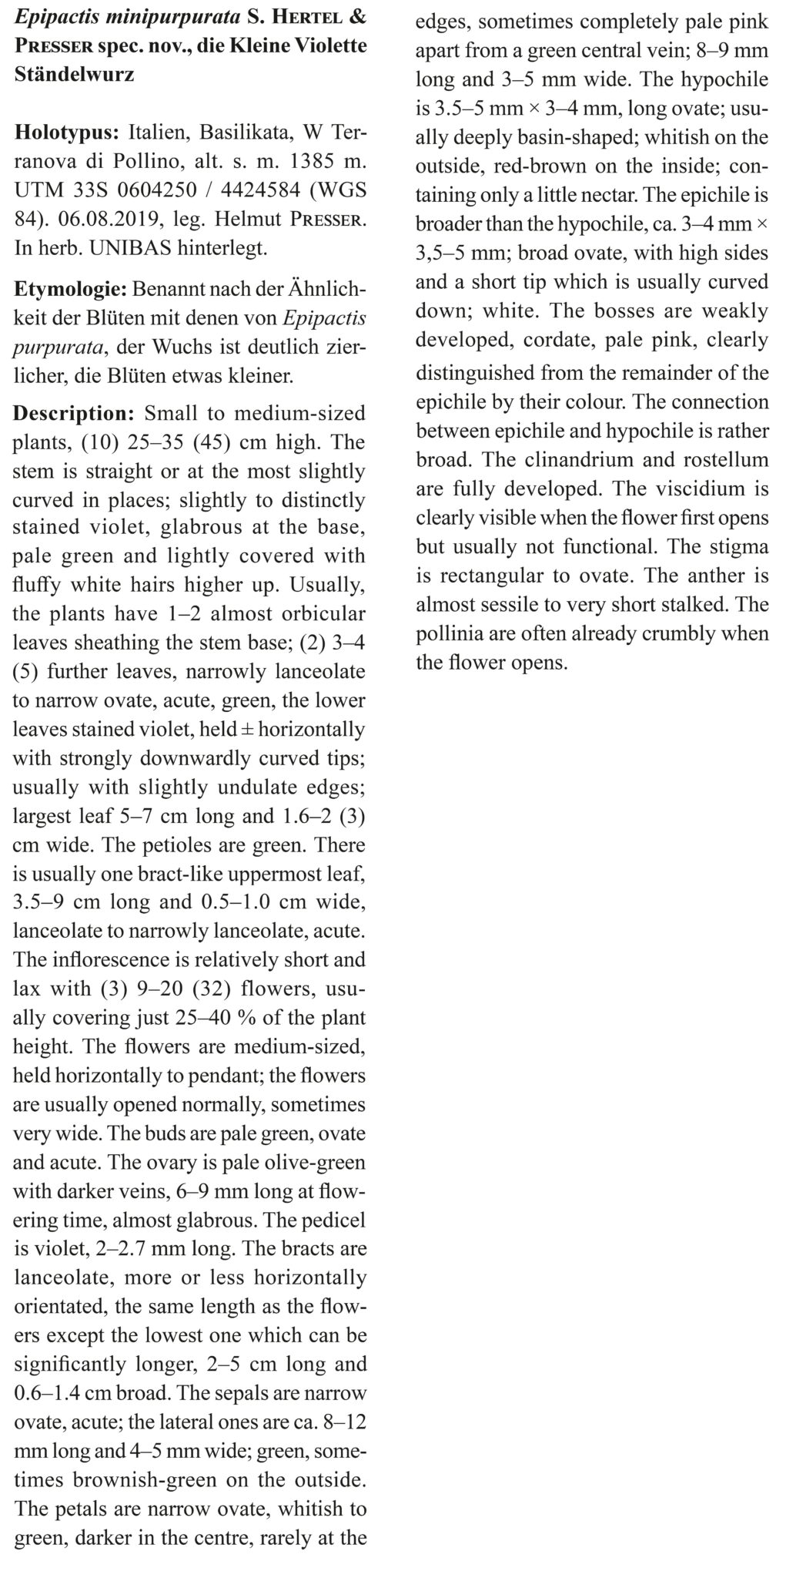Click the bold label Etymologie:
(71, 291)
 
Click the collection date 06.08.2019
(100, 220)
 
